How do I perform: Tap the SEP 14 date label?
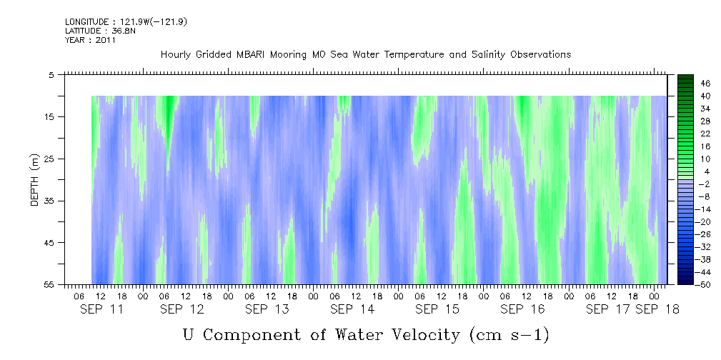coord(352,309)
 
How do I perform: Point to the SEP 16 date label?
coord(522,309)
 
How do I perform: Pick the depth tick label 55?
coord(52,284)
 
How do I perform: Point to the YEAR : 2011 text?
coord(90,40)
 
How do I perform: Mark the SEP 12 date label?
coord(182,309)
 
